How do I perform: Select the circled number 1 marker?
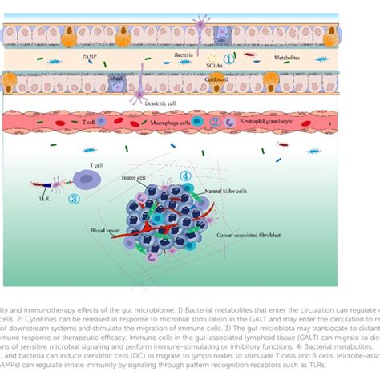coord(228,58)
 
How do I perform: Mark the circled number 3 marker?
coord(75,197)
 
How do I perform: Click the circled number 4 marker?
coord(185,176)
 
